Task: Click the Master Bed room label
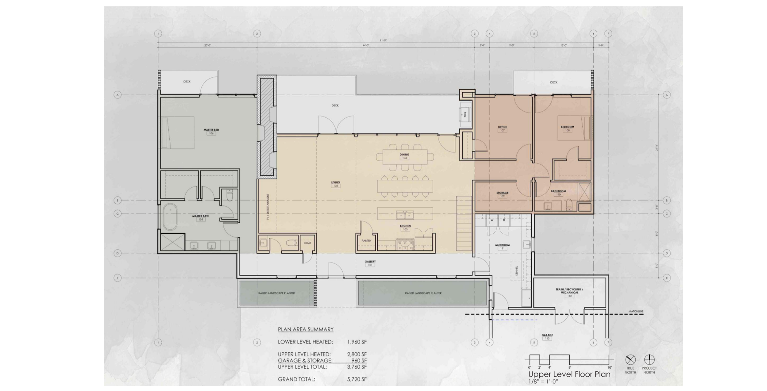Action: [211, 130]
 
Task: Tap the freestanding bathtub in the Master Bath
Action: [170, 217]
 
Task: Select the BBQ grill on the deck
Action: [465, 114]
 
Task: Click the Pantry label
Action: [366, 241]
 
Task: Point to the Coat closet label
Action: [307, 243]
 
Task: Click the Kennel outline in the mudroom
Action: [517, 270]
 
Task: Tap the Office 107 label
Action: [502, 127]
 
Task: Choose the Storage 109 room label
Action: [502, 193]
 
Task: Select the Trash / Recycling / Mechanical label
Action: [569, 291]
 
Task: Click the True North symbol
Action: [630, 359]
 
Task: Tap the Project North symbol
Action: [649, 359]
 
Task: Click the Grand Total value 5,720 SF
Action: [357, 379]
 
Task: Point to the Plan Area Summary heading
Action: [306, 329]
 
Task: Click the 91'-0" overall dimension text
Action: [383, 40]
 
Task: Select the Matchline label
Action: [636, 312]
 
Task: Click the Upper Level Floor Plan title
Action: [569, 374]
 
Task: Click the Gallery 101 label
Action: [370, 262]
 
